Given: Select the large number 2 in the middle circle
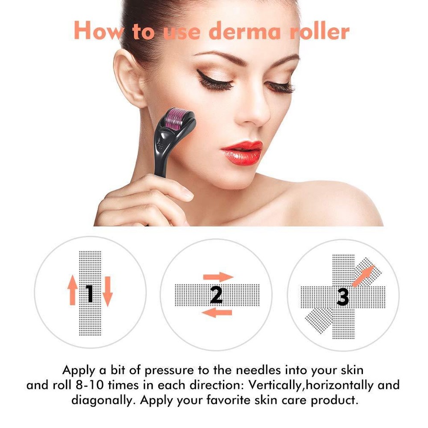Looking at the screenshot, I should [216, 294].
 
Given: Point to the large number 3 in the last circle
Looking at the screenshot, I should [342, 296].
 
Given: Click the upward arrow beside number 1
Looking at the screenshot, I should [73, 290].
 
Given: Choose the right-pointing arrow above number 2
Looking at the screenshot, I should [218, 277].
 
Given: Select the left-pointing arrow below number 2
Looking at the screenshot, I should [217, 313].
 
